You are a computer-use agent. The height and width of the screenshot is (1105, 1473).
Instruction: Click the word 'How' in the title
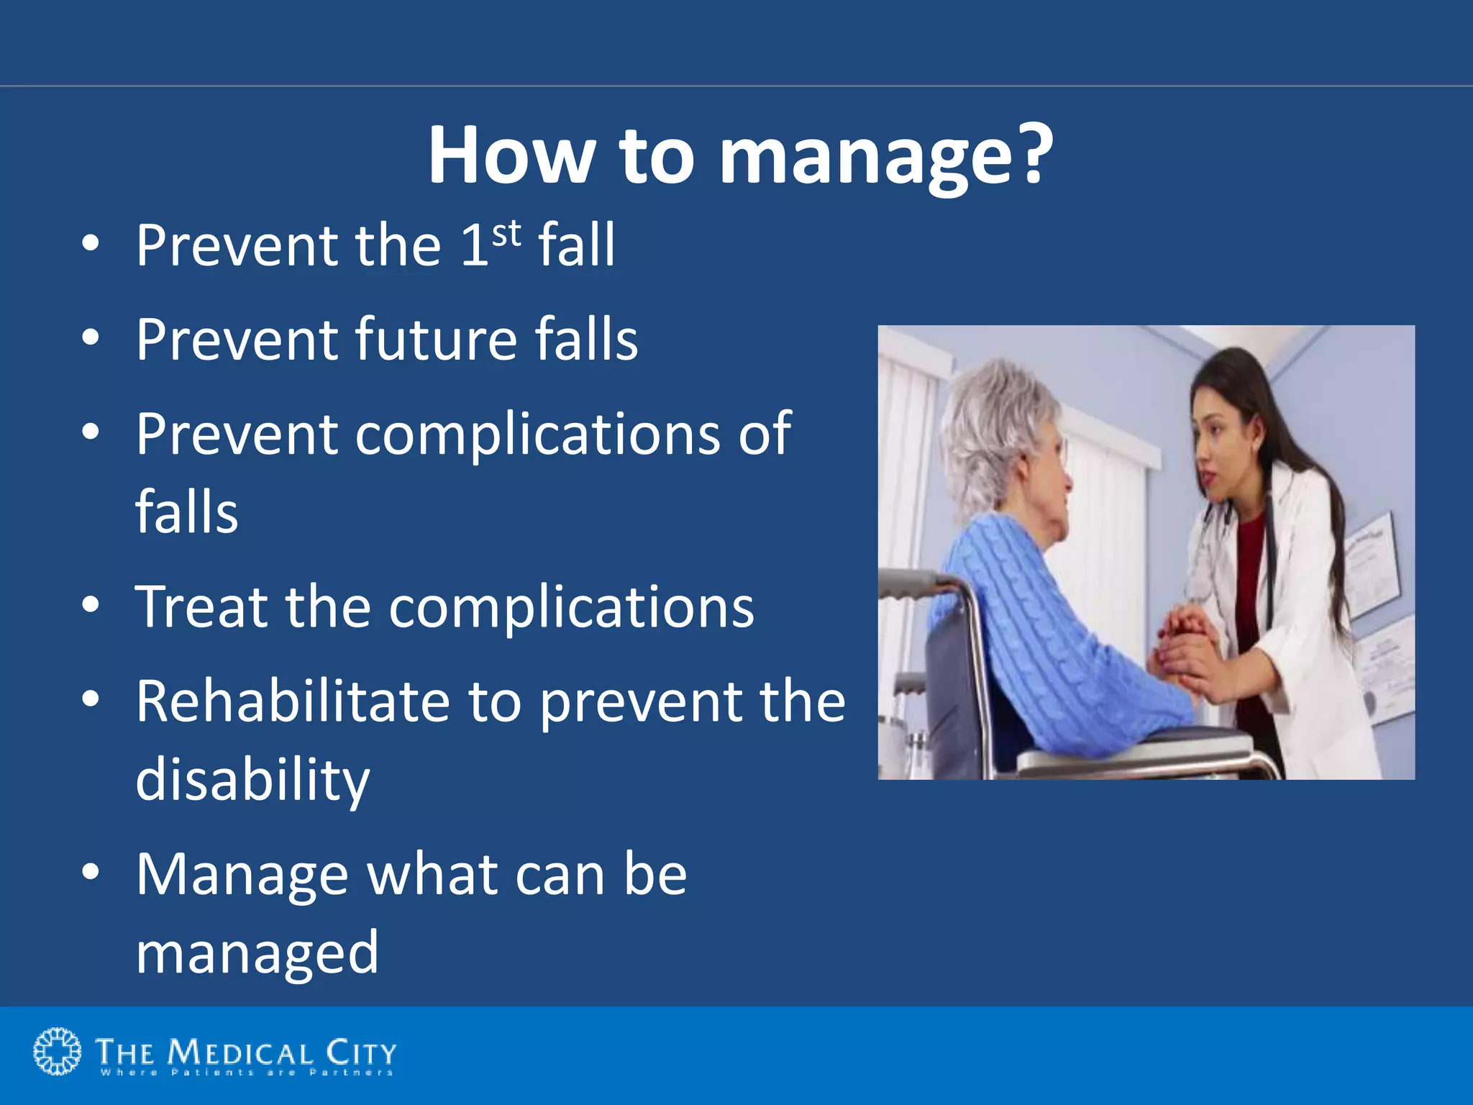click(x=511, y=155)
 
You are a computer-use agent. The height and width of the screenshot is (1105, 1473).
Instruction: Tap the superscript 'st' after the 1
click(x=506, y=235)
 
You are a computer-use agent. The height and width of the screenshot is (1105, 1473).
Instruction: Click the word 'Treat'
click(x=201, y=606)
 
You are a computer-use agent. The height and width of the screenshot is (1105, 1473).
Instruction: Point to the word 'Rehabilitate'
click(x=292, y=701)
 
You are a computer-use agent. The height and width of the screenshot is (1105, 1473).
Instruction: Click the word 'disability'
click(x=252, y=780)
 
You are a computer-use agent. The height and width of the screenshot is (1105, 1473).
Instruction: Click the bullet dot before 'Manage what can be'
click(x=90, y=872)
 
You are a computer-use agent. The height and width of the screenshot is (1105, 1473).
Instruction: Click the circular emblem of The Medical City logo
click(x=58, y=1052)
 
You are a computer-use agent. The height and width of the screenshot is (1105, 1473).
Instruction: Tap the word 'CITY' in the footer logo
click(x=360, y=1053)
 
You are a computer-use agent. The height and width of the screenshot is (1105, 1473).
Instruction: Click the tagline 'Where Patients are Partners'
click(x=246, y=1073)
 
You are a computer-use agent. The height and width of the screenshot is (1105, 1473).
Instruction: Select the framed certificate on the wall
click(x=1370, y=565)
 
